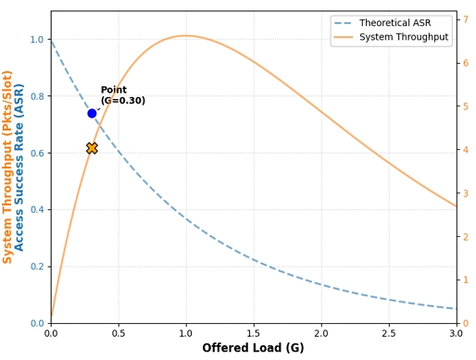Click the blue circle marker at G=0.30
point(92,113)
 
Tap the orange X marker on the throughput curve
point(92,148)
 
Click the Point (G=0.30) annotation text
point(122,95)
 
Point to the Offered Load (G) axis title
point(253,349)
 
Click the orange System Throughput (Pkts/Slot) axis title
point(8,167)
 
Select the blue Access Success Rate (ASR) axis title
point(20,167)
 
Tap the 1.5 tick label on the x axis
point(253,333)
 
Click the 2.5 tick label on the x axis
point(388,333)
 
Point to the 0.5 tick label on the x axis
point(119,333)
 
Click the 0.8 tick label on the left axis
point(36,96)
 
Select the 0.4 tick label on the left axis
point(36,210)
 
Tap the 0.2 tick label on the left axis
point(36,267)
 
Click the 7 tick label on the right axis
point(466,19)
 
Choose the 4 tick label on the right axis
point(466,150)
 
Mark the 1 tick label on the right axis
point(466,279)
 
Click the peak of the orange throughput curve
point(186,36)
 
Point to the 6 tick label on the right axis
point(466,63)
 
